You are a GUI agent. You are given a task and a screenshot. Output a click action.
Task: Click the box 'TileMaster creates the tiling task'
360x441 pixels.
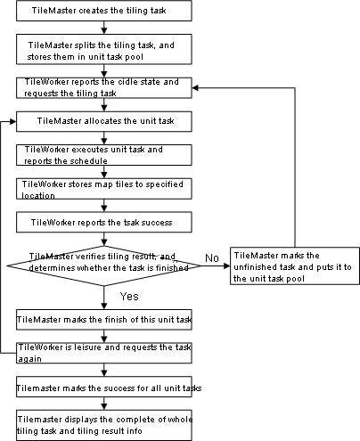[x=104, y=11]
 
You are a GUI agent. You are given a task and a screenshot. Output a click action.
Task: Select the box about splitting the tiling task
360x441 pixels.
[x=104, y=49]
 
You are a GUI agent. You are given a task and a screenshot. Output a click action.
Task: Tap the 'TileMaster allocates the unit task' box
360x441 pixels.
[x=104, y=121]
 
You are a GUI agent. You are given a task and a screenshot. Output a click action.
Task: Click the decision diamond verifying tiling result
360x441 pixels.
[x=104, y=265]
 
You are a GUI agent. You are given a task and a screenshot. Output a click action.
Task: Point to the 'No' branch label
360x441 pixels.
[x=212, y=258]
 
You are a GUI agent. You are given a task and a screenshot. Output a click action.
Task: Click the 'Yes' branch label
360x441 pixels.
[x=129, y=296]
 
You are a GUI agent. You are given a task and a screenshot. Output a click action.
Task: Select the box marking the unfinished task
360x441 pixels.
[x=295, y=265]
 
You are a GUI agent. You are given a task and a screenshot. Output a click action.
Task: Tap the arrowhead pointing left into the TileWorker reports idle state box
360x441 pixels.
[x=195, y=88]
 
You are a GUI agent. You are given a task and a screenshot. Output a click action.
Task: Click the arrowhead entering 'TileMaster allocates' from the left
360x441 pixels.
[x=12, y=121]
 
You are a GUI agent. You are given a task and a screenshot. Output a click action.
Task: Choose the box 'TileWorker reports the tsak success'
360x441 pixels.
[x=104, y=222]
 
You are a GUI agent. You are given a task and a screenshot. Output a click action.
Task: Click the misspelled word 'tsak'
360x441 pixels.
[x=130, y=223]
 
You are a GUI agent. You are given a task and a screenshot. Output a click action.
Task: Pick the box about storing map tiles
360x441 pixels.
[x=104, y=189]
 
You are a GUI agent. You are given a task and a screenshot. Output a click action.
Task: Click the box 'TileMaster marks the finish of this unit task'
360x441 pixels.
[x=104, y=320]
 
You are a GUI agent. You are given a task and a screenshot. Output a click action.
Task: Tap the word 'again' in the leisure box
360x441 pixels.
[x=30, y=359]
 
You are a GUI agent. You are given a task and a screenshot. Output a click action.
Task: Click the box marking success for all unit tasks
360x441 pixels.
[x=104, y=387]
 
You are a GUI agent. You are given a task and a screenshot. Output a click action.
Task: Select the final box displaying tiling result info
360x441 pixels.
[x=104, y=425]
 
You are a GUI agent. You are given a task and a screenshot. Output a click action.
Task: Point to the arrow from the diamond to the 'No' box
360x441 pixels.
[x=216, y=265]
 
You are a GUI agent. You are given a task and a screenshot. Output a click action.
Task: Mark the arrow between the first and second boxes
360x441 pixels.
[x=104, y=28]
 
